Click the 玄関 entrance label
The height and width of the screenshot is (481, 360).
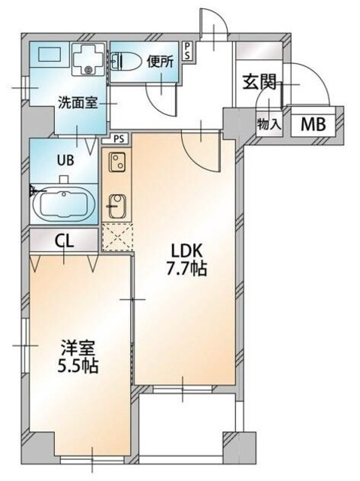click(257, 83)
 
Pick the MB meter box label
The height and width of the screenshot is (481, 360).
click(313, 124)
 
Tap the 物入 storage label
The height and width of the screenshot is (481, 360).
click(269, 124)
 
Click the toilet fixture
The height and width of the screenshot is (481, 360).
click(125, 62)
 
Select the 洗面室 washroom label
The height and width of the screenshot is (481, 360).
click(77, 103)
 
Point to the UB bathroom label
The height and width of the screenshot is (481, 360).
click(63, 160)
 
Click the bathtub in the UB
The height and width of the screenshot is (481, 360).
click(64, 203)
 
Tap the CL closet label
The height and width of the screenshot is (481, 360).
click(63, 240)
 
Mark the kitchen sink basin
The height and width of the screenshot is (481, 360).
click(116, 203)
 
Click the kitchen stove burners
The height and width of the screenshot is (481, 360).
click(116, 162)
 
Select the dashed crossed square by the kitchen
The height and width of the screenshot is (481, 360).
click(116, 235)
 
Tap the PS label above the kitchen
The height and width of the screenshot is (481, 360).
click(118, 138)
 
